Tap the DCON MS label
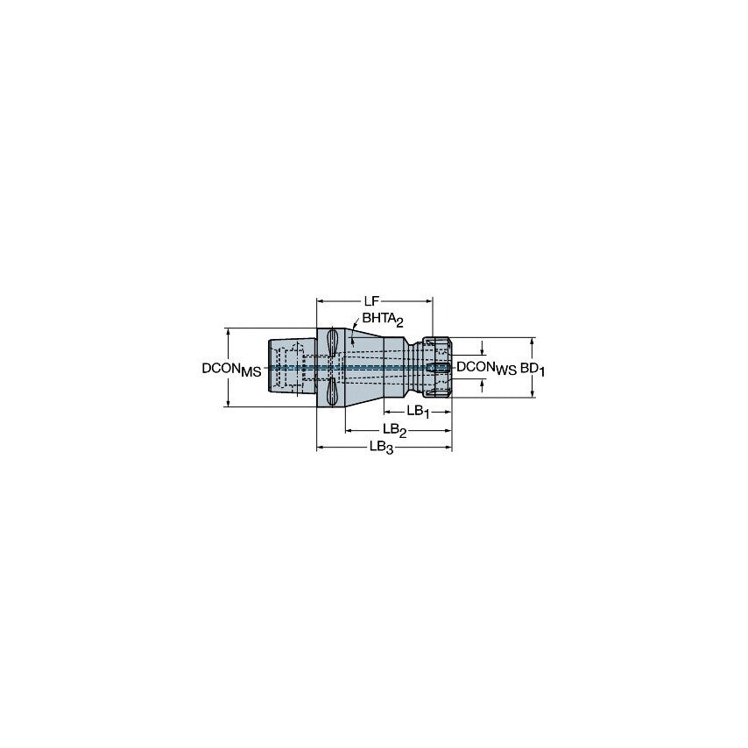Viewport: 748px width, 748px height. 232,370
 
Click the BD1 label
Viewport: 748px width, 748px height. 533,369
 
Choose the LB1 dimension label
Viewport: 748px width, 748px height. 417,412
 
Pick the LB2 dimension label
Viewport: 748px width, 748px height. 396,430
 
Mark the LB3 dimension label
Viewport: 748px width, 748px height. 382,448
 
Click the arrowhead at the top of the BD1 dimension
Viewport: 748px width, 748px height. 533,341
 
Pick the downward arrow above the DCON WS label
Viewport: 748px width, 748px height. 480,351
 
